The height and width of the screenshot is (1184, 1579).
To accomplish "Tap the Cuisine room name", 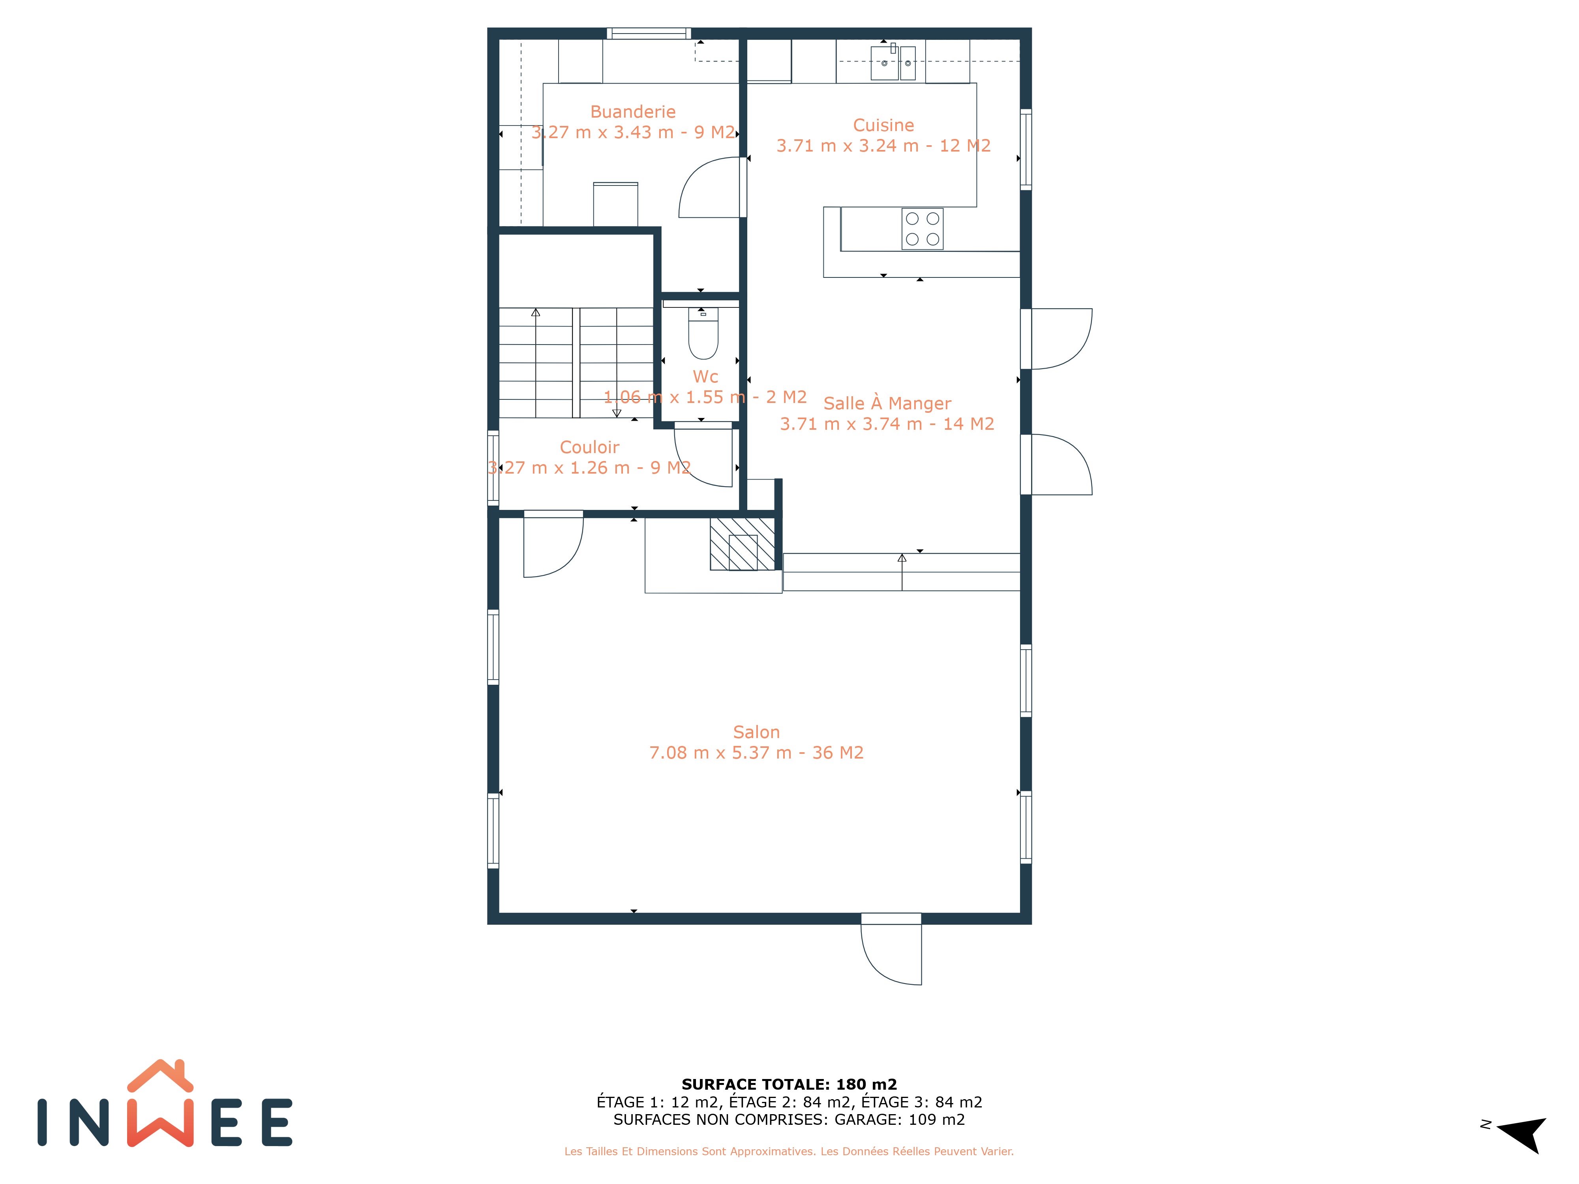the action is [884, 126].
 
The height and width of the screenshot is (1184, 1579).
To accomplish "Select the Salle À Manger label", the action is [887, 404].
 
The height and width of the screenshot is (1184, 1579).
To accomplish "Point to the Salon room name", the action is [757, 732].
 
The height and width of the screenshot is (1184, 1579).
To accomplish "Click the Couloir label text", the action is [590, 448].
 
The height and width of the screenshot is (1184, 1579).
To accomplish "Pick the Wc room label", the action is [705, 377].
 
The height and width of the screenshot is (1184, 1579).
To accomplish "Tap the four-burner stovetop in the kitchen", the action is [922, 229].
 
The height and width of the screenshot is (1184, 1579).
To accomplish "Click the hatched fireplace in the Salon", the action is [743, 544].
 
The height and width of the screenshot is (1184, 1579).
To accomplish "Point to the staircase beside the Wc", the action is [576, 363].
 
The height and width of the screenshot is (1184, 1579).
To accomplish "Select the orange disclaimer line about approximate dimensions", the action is [789, 1151].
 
